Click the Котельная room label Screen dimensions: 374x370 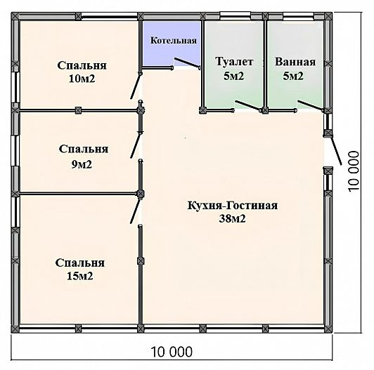click(174, 40)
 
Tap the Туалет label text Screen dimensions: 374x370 click(234, 62)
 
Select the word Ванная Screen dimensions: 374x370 click(295, 62)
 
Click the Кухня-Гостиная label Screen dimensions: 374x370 click(232, 206)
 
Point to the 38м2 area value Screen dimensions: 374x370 click(232, 219)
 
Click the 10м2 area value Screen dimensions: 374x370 click(82, 79)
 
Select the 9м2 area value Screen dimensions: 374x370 click(82, 164)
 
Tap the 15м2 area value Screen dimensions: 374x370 click(80, 276)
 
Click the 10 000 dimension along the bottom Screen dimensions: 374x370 click(172, 352)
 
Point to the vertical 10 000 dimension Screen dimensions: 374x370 click(353, 171)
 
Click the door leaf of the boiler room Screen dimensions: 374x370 click(187, 62)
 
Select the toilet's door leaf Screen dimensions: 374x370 click(247, 105)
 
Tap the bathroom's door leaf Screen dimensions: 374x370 click(310, 105)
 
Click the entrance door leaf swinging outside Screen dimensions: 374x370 click(335, 150)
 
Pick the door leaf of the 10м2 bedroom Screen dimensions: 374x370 click(135, 86)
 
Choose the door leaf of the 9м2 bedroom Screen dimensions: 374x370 click(135, 145)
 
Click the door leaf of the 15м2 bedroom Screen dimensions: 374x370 click(135, 211)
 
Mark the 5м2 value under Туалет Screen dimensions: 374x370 click(233, 77)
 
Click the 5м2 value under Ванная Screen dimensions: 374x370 click(293, 77)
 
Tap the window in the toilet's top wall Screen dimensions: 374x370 click(235, 15)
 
